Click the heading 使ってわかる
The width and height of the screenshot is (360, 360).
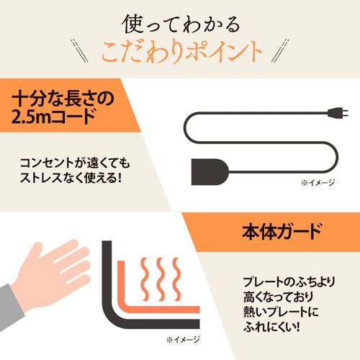coord(181,24)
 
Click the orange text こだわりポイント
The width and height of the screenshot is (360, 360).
coord(181,52)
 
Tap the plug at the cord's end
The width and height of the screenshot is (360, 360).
coord(338,113)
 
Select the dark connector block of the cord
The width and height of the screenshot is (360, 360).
coord(210,172)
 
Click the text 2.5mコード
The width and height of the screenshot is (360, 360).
coord(54,117)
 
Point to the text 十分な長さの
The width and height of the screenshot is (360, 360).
coord(63,99)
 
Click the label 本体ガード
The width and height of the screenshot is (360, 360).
coord(282,232)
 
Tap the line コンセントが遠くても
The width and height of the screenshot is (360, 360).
coord(75,163)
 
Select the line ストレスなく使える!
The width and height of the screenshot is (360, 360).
coord(71,178)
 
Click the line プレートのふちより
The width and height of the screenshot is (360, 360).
coord(289,282)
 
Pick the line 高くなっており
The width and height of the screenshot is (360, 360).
coord(279,297)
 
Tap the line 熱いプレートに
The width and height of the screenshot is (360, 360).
coord(281,312)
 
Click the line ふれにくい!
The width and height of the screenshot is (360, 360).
coord(271,327)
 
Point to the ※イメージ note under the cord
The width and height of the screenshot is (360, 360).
coord(318,183)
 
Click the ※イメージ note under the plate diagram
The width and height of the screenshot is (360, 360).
coord(183,340)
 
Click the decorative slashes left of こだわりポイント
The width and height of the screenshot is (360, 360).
coord(80,51)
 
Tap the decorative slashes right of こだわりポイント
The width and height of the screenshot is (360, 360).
coord(280,51)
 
